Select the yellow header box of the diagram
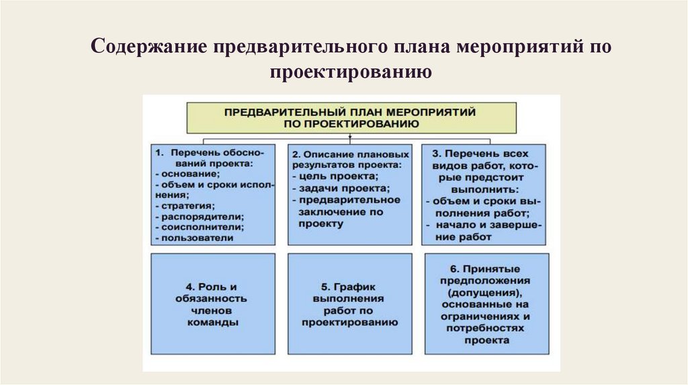point(351,117)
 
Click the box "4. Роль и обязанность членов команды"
point(213,302)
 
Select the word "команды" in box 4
point(213,322)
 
